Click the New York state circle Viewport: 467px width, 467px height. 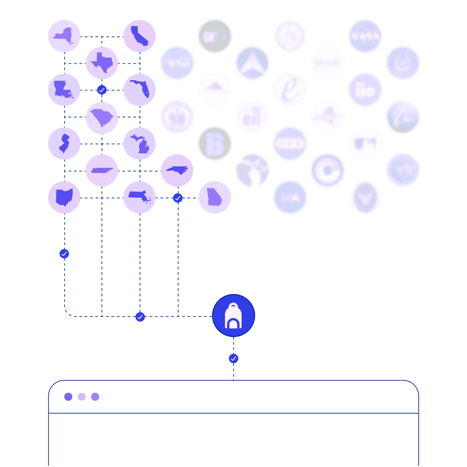(64, 36)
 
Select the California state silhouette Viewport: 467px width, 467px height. (139, 36)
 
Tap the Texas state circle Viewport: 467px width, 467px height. (102, 63)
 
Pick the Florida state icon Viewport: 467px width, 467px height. (139, 90)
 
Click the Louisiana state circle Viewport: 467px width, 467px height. (64, 90)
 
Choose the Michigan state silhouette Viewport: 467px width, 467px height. (139, 144)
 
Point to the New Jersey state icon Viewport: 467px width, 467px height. (64, 144)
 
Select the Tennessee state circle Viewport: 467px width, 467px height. (102, 171)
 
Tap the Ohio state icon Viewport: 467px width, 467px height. (64, 197)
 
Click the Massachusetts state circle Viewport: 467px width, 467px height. (139, 197)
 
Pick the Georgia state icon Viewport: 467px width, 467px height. (215, 197)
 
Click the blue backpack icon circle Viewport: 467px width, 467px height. (233, 316)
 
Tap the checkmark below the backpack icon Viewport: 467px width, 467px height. (233, 359)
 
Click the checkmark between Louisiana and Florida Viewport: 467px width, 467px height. (102, 90)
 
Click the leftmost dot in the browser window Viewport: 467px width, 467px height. (68, 396)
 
